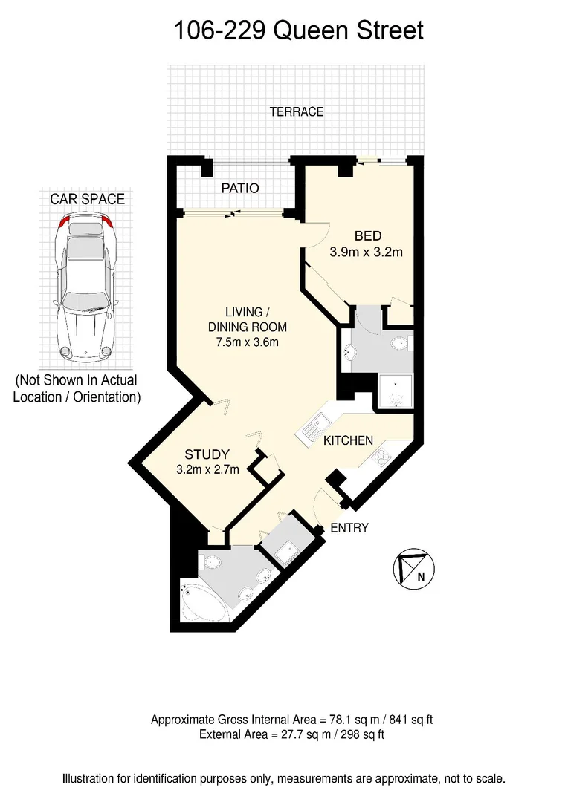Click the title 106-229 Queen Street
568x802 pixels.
[298, 30]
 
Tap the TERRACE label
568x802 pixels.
[297, 112]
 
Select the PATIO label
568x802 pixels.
[240, 189]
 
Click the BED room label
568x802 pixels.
[367, 236]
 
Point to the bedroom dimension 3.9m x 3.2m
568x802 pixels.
[366, 252]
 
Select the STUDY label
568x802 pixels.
[207, 454]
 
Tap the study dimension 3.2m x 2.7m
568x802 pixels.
[207, 469]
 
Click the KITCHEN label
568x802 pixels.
[348, 440]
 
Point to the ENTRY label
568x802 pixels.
[349, 528]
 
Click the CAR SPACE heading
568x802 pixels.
[87, 199]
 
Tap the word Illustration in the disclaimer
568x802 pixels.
[91, 779]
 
